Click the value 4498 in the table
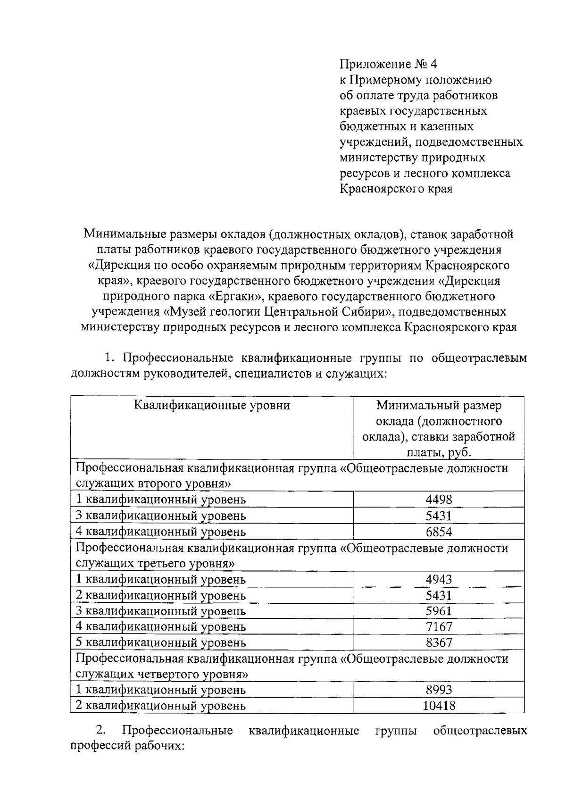pyautogui.click(x=439, y=500)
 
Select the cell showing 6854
pyautogui.click(x=439, y=532)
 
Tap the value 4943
pyautogui.click(x=439, y=579)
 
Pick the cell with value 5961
pyautogui.click(x=439, y=611)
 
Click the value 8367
pyautogui.click(x=439, y=642)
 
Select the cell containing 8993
pyautogui.click(x=439, y=690)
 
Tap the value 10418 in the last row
pyautogui.click(x=439, y=706)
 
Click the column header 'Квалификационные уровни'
pyautogui.click(x=212, y=405)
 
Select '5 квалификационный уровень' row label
pyautogui.click(x=161, y=642)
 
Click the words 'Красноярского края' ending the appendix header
pyautogui.click(x=396, y=189)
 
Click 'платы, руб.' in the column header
pyautogui.click(x=439, y=452)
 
